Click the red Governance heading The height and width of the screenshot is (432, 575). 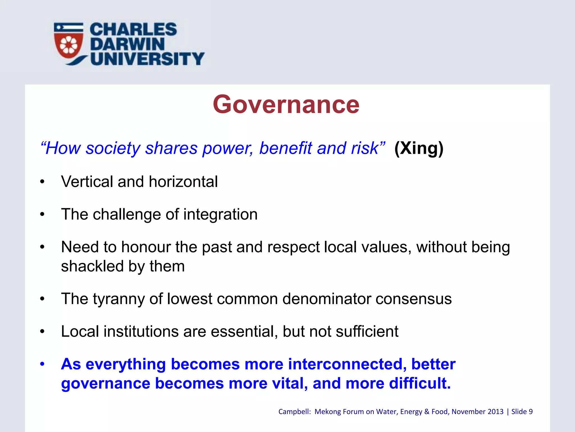(x=286, y=104)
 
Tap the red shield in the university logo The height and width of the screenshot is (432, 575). (x=69, y=44)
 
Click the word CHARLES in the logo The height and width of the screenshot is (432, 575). (x=133, y=30)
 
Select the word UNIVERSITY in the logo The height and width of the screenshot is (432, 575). (x=147, y=58)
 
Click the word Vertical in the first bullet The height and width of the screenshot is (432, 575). (x=87, y=181)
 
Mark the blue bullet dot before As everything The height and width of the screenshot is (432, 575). (x=42, y=364)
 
